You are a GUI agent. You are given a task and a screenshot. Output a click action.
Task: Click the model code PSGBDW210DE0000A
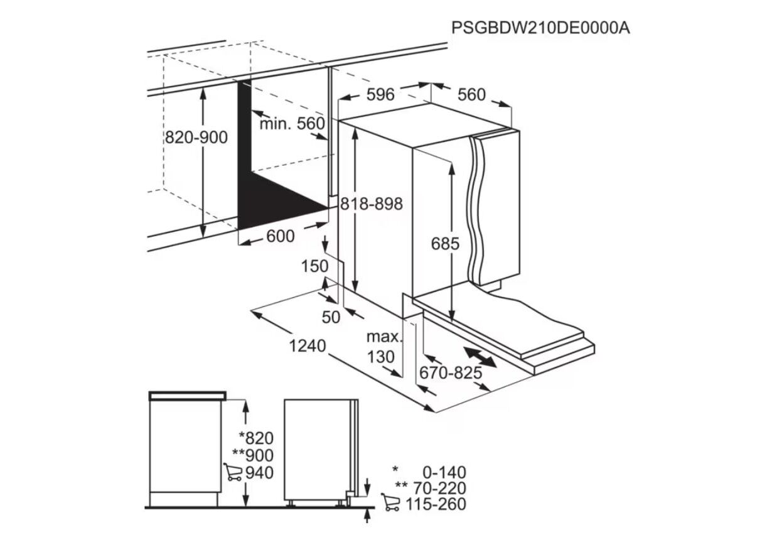click(x=540, y=28)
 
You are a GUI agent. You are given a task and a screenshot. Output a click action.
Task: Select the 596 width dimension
click(x=380, y=94)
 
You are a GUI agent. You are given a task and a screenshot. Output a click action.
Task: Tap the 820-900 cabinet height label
click(x=196, y=137)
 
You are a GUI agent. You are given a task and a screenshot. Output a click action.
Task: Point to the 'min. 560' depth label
click(x=292, y=124)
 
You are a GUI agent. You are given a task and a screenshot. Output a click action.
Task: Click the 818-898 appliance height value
click(x=372, y=203)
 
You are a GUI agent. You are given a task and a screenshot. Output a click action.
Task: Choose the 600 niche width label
click(x=281, y=236)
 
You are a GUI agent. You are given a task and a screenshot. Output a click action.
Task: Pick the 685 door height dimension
click(x=445, y=244)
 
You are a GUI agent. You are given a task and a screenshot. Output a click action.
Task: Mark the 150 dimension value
click(x=314, y=266)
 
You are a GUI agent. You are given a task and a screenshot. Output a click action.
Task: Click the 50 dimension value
click(x=331, y=317)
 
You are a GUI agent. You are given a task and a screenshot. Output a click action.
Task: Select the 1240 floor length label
click(x=308, y=346)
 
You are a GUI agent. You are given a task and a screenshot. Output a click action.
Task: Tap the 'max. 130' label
click(x=384, y=347)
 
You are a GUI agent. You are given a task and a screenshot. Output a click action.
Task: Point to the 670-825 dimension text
click(x=451, y=372)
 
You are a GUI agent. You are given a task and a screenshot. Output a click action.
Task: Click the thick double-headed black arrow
click(x=480, y=357)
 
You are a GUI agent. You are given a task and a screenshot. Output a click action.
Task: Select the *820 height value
click(x=257, y=438)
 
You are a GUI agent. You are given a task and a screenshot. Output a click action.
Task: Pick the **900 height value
click(x=254, y=455)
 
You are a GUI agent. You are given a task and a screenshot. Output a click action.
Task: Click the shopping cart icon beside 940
click(x=233, y=472)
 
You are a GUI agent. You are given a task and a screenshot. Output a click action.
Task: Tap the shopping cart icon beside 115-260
click(x=390, y=502)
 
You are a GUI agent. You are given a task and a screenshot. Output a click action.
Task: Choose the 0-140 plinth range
click(x=444, y=472)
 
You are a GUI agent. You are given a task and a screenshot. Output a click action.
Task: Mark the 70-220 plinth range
click(x=440, y=488)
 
